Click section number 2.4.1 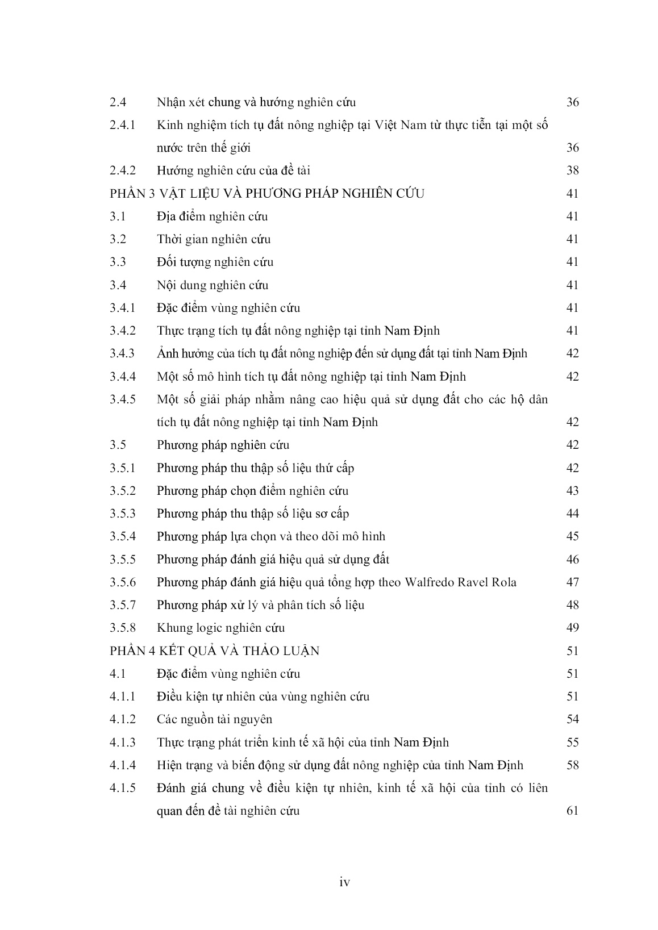122,125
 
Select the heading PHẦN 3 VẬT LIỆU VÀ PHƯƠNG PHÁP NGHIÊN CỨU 267,194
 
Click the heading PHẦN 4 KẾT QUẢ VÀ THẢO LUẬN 215,651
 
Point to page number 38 572,170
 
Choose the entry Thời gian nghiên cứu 214,239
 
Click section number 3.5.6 123,582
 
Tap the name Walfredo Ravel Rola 460,582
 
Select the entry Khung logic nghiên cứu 220,628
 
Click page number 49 572,628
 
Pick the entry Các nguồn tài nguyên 214,719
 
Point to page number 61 572,811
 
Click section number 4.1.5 123,788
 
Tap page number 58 572,765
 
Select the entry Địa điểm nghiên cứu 212,216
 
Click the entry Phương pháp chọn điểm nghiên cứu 252,491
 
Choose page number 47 572,582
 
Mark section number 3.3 118,262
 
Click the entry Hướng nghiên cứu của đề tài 233,170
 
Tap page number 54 572,719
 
